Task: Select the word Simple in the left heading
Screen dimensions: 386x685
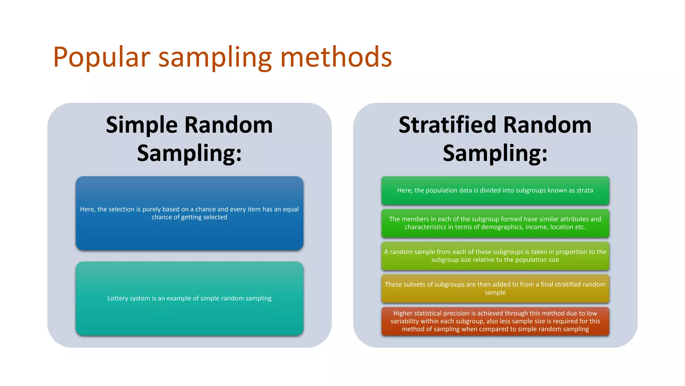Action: [141, 125]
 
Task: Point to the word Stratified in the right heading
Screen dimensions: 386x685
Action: [447, 125]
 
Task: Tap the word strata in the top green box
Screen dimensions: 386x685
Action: [584, 190]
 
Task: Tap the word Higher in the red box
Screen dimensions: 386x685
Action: [403, 313]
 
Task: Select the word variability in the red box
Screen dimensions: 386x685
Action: [404, 321]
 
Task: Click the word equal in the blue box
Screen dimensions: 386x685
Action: [291, 209]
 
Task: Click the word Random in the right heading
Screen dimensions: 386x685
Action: [547, 125]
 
